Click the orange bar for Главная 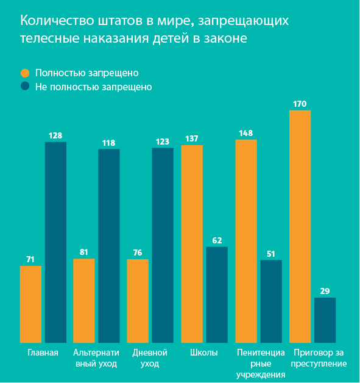click(30, 304)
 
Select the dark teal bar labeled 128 click(55, 242)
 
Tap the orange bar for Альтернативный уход click(84, 300)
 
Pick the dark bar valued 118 click(109, 245)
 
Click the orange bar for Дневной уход click(138, 301)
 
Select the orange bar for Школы click(192, 244)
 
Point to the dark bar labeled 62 click(217, 295)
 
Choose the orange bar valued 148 click(246, 241)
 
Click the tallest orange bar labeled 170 click(300, 226)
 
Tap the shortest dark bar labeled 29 click(325, 320)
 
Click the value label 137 click(192, 139)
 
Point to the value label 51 click(270, 254)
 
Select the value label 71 click(30, 259)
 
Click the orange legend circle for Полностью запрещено click(25, 72)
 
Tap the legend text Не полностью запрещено click(93, 87)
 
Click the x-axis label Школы click(204, 353)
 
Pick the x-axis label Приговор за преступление click(319, 358)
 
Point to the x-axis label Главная click(43, 353)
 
